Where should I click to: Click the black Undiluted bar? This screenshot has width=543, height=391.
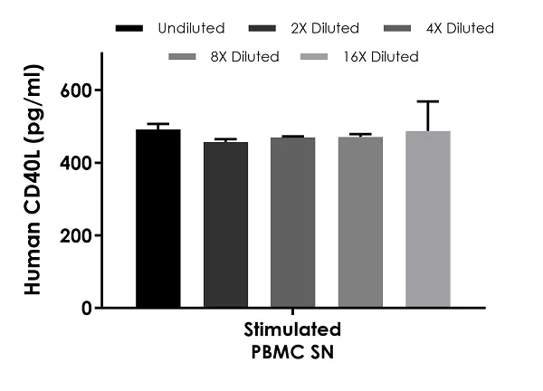[158, 219]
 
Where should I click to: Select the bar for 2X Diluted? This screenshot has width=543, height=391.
[225, 225]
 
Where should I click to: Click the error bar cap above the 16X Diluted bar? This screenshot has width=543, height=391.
[428, 101]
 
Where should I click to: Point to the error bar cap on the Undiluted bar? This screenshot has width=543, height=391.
[158, 124]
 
